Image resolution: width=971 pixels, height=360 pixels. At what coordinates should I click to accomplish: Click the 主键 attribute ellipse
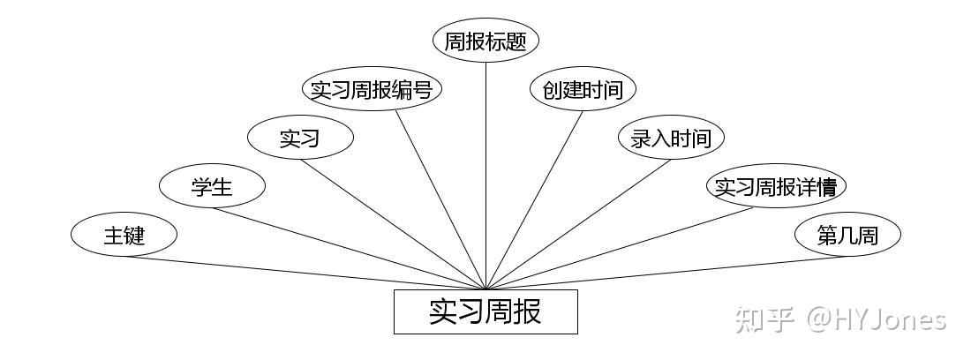(124, 236)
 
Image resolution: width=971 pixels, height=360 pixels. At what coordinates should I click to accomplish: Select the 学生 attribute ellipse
(212, 186)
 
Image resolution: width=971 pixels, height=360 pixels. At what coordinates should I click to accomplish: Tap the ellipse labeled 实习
(300, 138)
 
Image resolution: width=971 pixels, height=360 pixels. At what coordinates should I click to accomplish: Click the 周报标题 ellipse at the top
(485, 41)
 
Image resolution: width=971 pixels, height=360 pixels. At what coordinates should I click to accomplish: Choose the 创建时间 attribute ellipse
(583, 89)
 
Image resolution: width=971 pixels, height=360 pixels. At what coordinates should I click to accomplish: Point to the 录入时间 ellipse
(671, 138)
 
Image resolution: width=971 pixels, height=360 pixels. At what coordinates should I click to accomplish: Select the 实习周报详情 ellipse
(776, 186)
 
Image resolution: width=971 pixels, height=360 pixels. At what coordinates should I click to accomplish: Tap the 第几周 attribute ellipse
(847, 236)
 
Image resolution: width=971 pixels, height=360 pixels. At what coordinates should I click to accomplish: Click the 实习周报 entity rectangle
(485, 311)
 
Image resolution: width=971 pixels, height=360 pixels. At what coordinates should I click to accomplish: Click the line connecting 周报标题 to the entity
(486, 176)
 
